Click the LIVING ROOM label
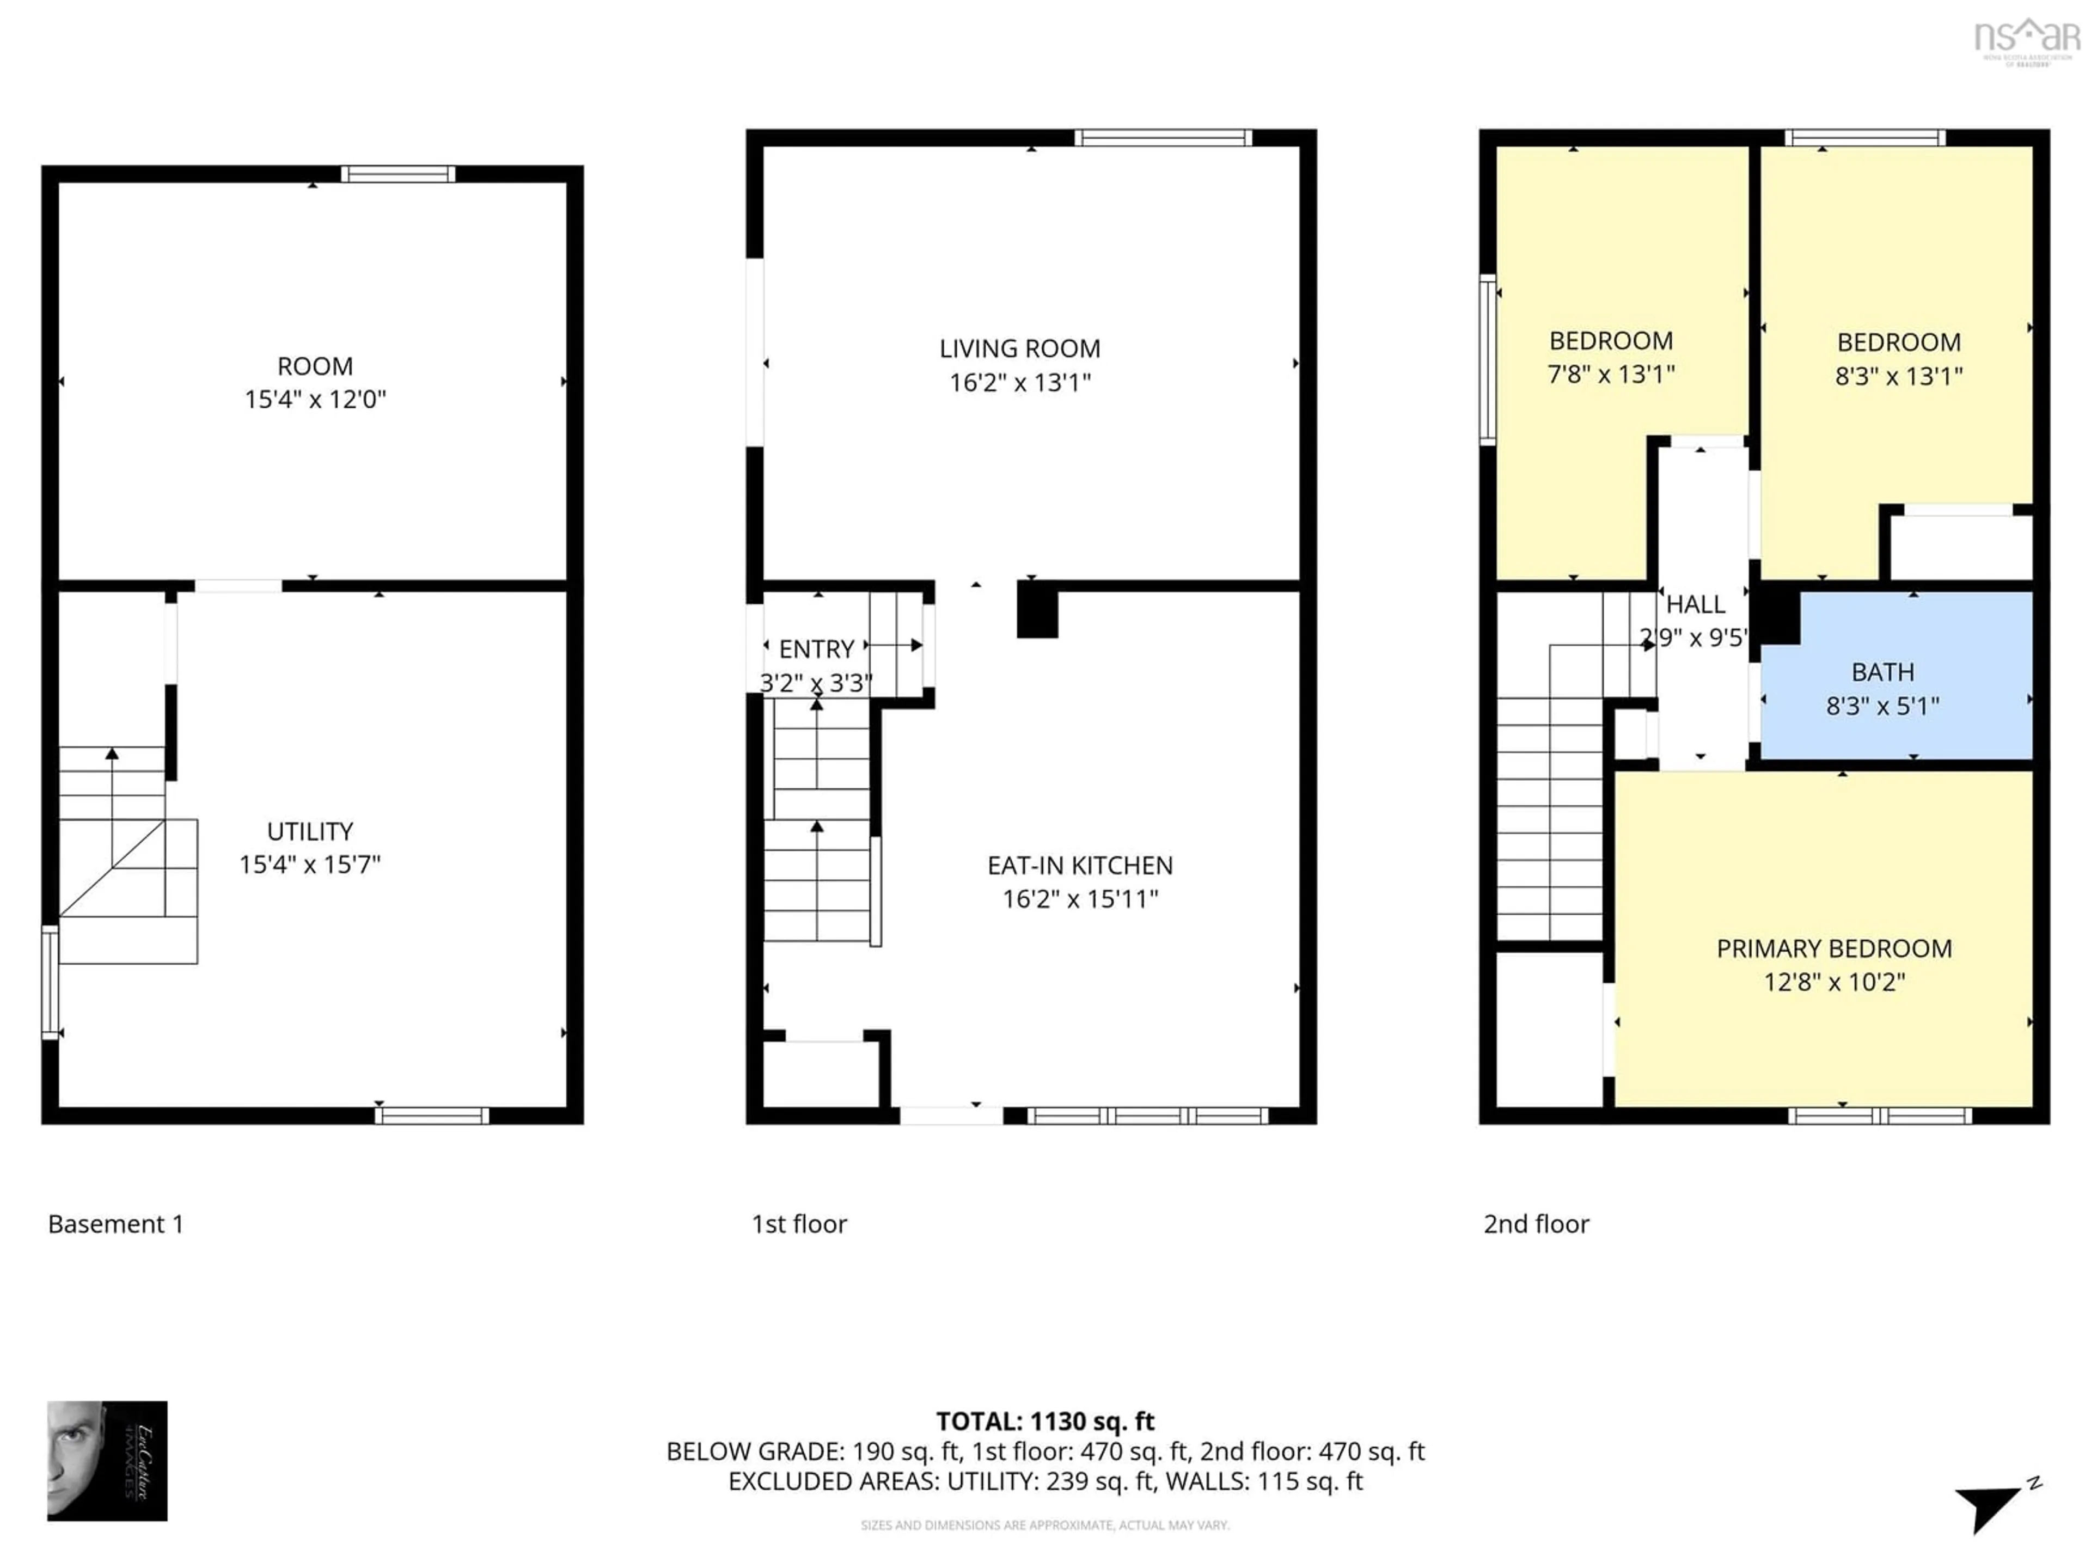[1019, 349]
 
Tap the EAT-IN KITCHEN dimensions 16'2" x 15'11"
[1079, 899]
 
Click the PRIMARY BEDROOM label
[1834, 949]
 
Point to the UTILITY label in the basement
[310, 832]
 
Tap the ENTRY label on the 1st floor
[816, 650]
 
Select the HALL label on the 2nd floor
[1695, 604]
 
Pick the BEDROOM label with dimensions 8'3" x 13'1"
[1898, 342]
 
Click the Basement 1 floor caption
[115, 1224]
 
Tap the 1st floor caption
[799, 1224]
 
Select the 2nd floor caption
[1536, 1224]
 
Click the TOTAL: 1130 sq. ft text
[1044, 1422]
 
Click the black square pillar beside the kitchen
[1037, 610]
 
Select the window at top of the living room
[1163, 138]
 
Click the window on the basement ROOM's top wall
[398, 174]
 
